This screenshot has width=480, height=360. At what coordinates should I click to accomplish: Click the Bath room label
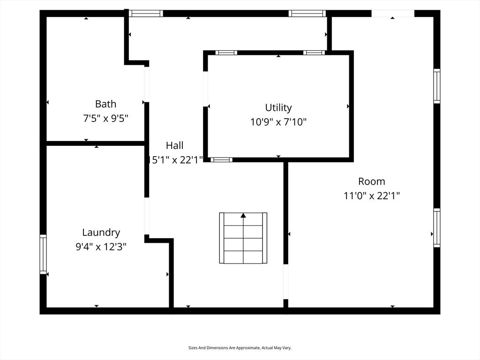105,104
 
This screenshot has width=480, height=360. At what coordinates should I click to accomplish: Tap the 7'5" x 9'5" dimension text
105,119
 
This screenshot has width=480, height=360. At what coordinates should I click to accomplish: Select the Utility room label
278,108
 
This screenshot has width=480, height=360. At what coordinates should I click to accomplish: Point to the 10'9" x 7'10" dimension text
278,122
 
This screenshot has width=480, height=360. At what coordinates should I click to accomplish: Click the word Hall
174,146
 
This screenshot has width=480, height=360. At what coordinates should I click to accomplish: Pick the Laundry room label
101,232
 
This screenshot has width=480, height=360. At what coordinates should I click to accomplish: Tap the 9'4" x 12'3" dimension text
101,247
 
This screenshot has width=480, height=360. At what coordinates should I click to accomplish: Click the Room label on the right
371,181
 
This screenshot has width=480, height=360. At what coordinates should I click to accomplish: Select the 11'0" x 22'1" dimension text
371,196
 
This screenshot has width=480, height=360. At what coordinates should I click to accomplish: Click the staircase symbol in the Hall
243,238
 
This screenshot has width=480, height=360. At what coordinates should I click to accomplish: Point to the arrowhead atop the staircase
243,216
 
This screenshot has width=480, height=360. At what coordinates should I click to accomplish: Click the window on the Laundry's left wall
43,254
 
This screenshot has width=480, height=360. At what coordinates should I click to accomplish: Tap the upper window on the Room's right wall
437,86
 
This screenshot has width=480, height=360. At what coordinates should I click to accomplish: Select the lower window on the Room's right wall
437,228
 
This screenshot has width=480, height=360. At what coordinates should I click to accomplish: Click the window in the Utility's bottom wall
221,160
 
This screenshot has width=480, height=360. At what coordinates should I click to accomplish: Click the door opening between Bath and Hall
147,84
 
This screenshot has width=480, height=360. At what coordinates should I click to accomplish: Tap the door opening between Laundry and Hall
147,216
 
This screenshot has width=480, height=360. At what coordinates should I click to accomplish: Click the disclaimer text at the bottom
240,348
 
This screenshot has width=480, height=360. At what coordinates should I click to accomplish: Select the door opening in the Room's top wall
393,14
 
